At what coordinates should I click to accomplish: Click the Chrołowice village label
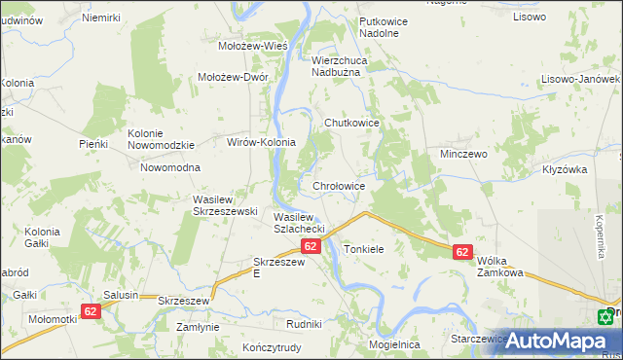coord(339,185)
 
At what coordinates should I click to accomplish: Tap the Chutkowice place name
coord(350,123)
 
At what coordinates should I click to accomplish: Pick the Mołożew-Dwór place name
coord(233,79)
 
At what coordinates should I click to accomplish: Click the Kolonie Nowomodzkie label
coord(162,139)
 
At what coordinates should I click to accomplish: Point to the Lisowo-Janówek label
coord(582,79)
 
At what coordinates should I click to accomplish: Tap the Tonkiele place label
coord(364,249)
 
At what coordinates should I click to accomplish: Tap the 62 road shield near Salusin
coord(91,311)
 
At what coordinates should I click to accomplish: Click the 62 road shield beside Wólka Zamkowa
coord(462,252)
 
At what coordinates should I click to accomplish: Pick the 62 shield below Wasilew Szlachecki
coord(311,247)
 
